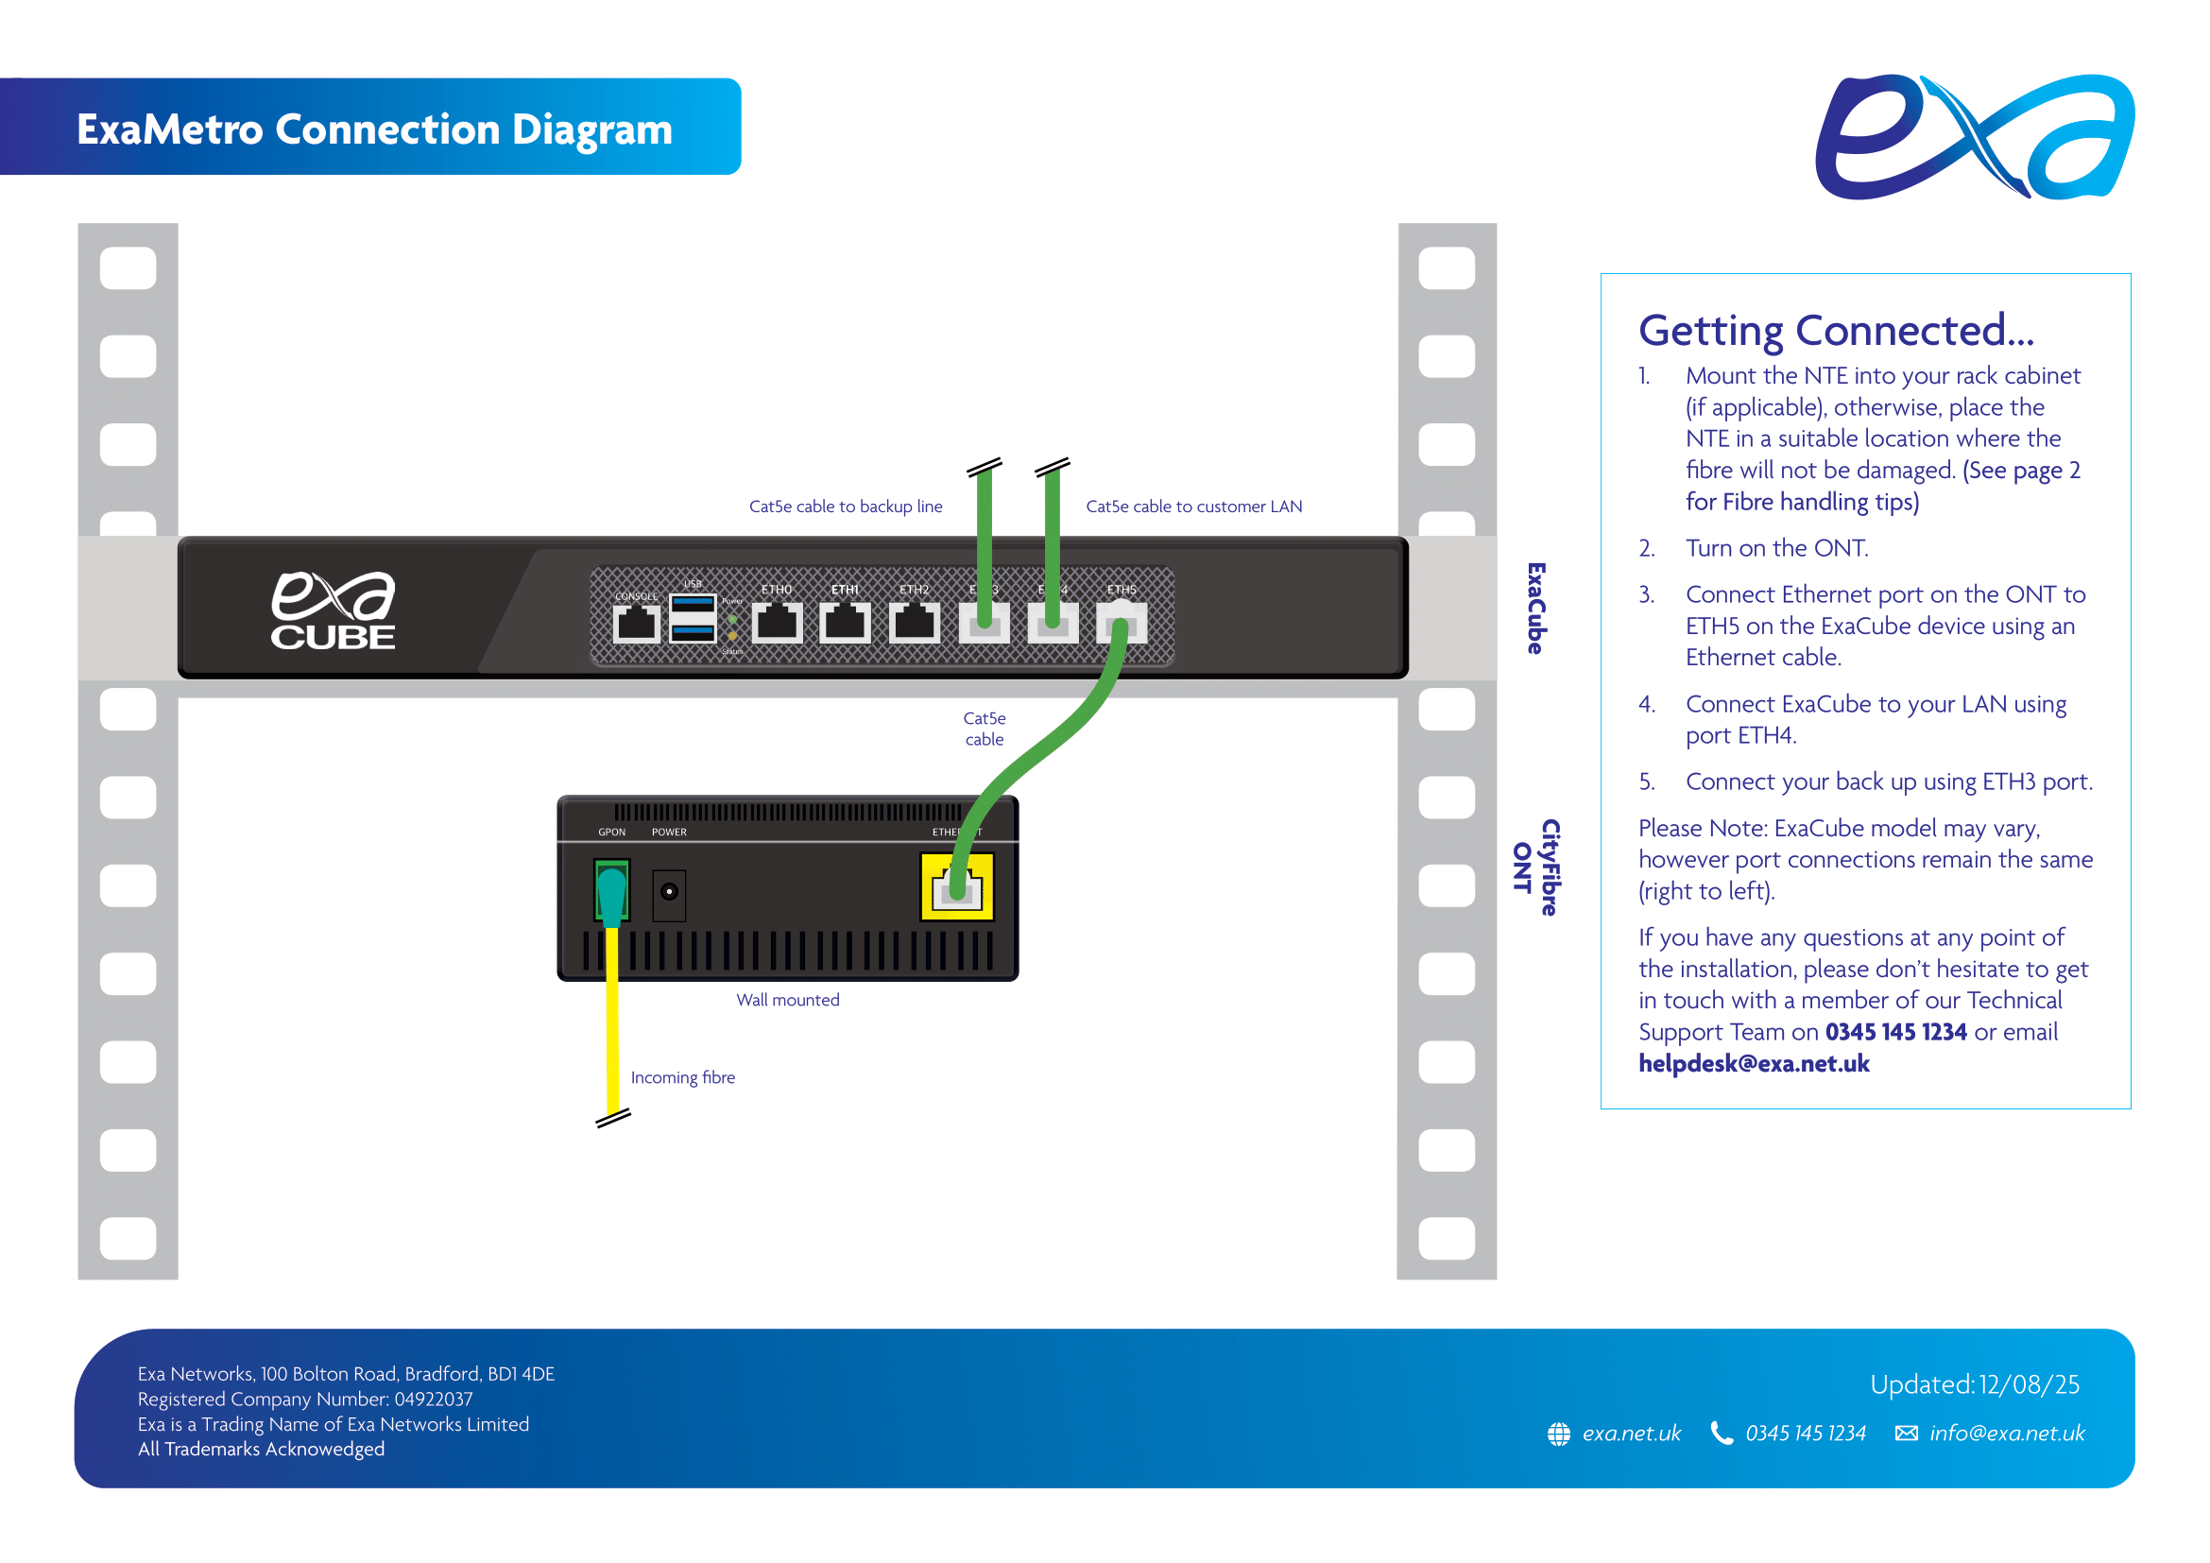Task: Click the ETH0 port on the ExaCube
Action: (777, 623)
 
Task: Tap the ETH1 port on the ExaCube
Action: (845, 623)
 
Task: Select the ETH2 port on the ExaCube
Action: (914, 623)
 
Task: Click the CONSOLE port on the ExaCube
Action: (636, 624)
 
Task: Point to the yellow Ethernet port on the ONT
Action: (957, 886)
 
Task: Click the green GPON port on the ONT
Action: (612, 890)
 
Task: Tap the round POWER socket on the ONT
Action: (669, 892)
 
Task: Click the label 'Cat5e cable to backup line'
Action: (845, 507)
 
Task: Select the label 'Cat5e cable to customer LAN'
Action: (1193, 507)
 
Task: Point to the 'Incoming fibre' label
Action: (682, 1077)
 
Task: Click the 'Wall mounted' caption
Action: (787, 1000)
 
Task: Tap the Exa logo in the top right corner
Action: (1974, 137)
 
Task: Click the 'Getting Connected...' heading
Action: (1836, 330)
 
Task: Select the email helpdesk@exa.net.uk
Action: (1754, 1063)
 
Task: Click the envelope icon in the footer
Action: (1906, 1434)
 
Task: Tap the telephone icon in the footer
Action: (1721, 1434)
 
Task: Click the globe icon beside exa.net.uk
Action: (1558, 1434)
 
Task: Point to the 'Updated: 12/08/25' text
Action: (1974, 1384)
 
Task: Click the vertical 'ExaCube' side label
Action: (1536, 609)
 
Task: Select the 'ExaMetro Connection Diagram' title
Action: (374, 129)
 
